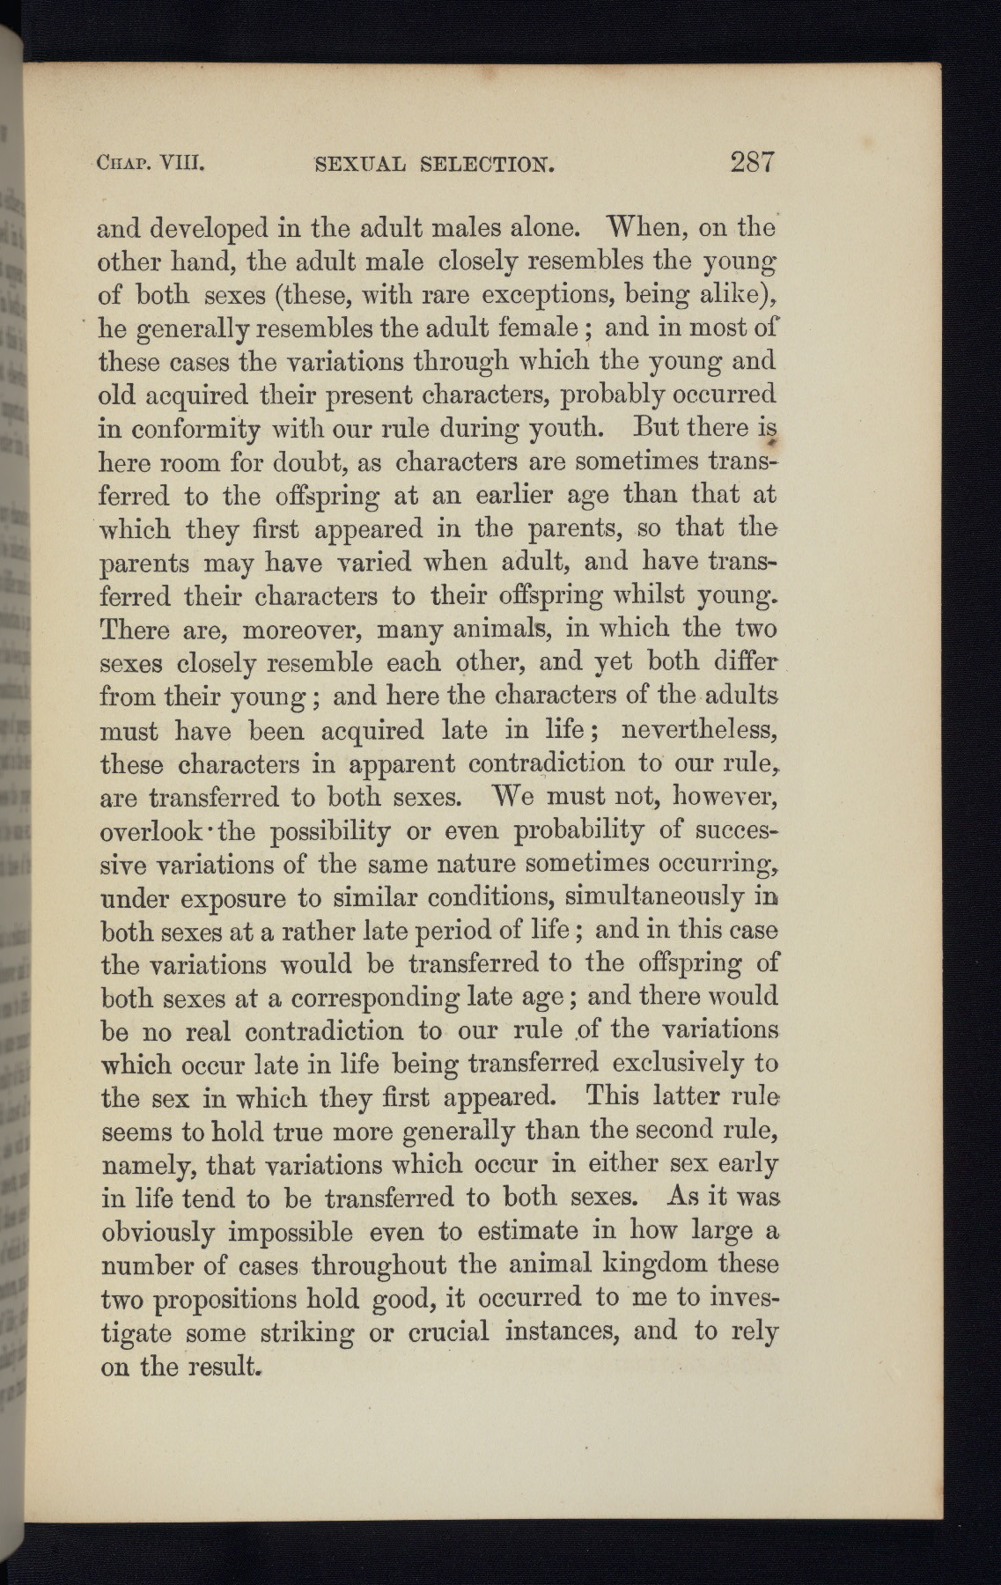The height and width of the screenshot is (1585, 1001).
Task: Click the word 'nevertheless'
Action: point(696,730)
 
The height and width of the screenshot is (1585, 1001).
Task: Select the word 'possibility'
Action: point(329,831)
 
